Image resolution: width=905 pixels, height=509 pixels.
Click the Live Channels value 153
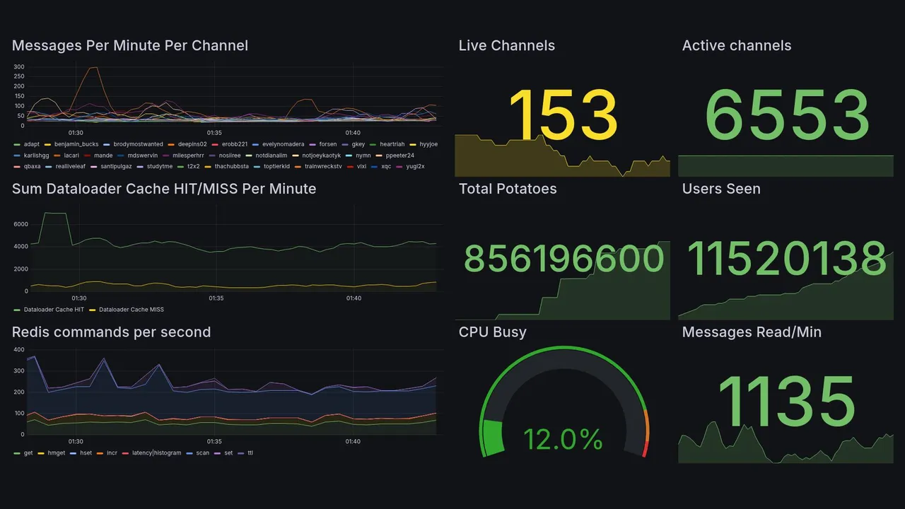(563, 115)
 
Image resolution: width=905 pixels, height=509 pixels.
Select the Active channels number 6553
(787, 115)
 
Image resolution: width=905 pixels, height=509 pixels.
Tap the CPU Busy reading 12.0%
(563, 440)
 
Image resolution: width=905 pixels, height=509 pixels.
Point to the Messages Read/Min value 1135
(787, 401)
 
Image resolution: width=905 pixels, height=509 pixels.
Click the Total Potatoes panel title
(507, 189)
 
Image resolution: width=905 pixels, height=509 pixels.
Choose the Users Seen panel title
(720, 189)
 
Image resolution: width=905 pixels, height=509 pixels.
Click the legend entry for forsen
(327, 144)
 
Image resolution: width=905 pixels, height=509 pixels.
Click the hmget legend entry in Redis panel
(55, 453)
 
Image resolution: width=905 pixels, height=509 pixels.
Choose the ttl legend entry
(250, 453)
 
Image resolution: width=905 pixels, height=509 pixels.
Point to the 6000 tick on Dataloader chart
(21, 224)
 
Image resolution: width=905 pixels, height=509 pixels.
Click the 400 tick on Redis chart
(19, 350)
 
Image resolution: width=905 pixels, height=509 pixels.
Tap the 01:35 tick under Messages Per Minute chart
(214, 133)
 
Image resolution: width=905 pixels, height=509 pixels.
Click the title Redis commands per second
(111, 332)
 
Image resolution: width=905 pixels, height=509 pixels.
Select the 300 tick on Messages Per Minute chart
(19, 67)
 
